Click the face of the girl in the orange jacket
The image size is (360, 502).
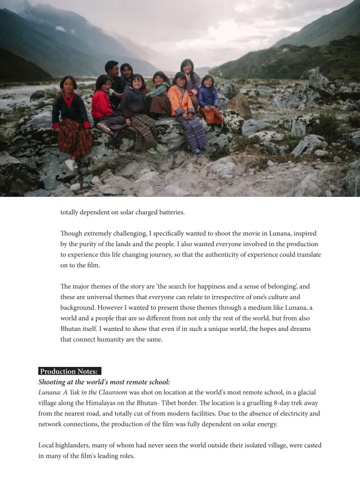pos(179,79)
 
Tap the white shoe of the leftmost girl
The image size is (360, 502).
pos(70,164)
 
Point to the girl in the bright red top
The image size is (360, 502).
pos(103,102)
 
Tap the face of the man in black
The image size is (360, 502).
pos(112,68)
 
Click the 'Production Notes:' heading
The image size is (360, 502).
pos(68,371)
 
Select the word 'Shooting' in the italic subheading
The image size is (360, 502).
pos(53,382)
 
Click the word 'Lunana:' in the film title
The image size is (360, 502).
pos(52,392)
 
